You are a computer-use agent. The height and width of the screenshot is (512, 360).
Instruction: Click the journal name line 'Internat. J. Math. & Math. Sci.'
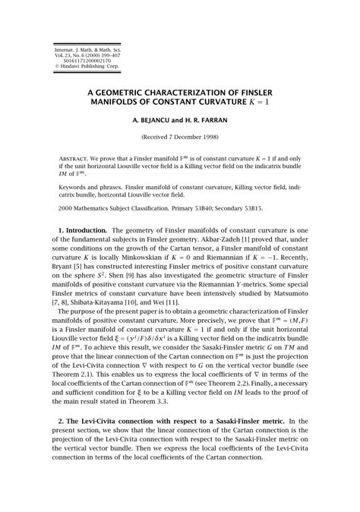pyautogui.click(x=82, y=48)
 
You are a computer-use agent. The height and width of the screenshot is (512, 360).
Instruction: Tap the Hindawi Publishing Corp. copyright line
pyautogui.click(x=82, y=66)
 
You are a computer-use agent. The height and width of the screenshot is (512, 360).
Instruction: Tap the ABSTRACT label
pyautogui.click(x=75, y=162)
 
